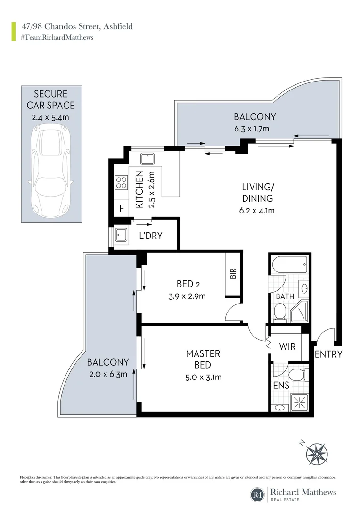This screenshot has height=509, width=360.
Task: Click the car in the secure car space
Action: pos(51,172)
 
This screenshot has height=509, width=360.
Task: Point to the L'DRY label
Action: pos(151,235)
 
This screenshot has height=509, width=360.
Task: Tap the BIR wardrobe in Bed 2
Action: pos(232,274)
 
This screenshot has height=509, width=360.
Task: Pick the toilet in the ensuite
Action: pos(297,375)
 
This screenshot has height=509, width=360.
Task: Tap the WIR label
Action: pos(287,346)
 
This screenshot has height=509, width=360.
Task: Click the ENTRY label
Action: pos(328,354)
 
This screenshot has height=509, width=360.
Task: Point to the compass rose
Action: pos(317,453)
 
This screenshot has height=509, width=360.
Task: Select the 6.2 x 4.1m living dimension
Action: pos(257,210)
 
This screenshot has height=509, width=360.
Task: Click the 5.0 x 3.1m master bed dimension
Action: pos(204,377)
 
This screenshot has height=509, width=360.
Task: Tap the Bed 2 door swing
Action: pos(233,313)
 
